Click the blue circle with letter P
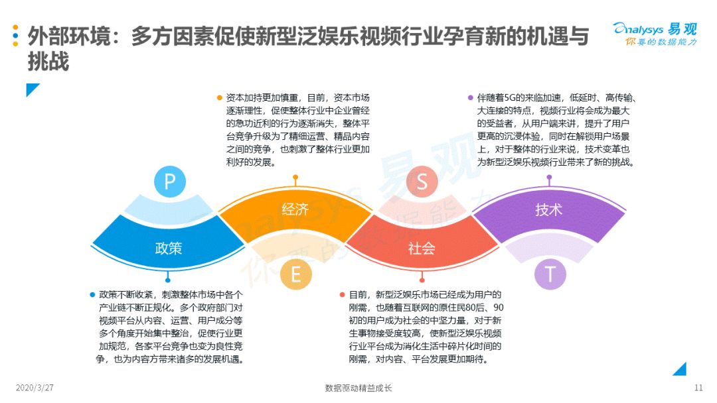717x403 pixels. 170,181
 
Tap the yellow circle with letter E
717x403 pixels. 295,274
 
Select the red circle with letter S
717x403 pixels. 422,181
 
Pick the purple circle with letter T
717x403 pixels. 550,274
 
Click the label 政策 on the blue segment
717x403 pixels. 168,249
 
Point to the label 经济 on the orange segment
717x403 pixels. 295,209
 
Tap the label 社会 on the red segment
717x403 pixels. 421,249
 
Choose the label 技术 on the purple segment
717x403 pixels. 548,209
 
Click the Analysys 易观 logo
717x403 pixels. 655,34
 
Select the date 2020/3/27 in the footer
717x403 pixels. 35,388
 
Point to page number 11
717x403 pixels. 698,388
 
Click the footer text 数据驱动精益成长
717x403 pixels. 358,388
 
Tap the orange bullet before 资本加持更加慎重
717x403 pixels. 220,97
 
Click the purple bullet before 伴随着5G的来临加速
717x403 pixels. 471,97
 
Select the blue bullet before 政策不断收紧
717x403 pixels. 92,295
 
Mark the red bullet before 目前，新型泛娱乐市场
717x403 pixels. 342,295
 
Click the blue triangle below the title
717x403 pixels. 31,89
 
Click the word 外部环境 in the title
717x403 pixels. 69,36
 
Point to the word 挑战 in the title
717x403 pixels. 48,61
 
